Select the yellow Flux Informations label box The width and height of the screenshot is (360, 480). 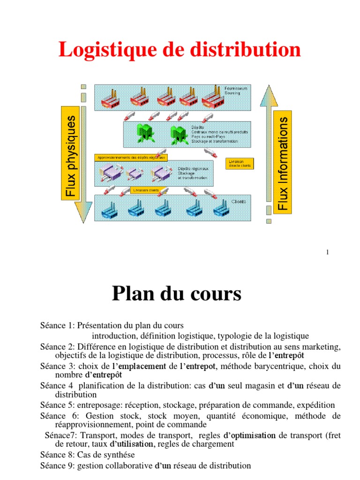coord(283,162)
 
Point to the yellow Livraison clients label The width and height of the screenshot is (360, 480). coord(146,190)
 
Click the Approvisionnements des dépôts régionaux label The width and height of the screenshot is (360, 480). coord(131,157)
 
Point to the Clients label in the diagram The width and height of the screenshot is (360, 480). coord(239,202)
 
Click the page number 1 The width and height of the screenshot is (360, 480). coord(328,253)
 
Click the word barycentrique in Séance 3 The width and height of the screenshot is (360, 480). coord(282,366)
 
